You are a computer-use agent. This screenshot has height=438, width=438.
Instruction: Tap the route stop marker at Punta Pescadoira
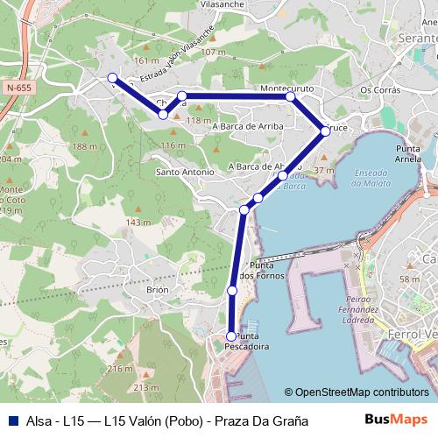click(x=231, y=336)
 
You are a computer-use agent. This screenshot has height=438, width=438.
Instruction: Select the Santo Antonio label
click(x=185, y=172)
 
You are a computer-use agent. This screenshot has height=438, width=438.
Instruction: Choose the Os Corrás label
click(x=379, y=90)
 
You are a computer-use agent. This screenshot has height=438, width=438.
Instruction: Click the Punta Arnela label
click(x=409, y=154)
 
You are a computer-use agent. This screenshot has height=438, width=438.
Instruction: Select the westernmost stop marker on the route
click(x=113, y=78)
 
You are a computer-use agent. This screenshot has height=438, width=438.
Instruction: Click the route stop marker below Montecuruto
click(x=291, y=97)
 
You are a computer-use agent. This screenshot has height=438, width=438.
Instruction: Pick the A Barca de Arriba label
click(x=246, y=126)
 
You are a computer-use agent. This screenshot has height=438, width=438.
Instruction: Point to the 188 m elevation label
click(x=86, y=146)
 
